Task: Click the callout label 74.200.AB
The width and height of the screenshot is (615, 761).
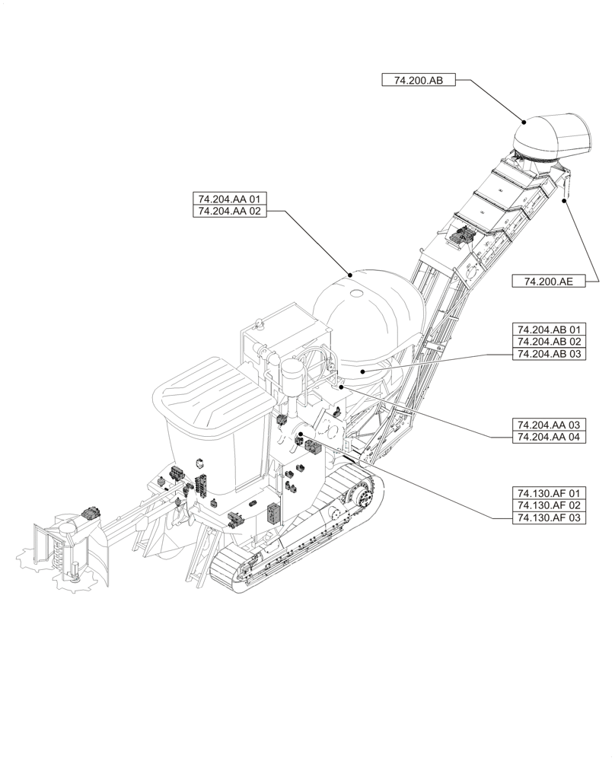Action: [418, 80]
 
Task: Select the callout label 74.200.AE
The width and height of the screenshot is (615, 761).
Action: [548, 281]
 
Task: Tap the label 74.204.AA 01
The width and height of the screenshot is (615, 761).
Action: [229, 199]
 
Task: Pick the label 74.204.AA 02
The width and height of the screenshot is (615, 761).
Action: [229, 212]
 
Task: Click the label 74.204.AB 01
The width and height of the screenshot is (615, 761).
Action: [548, 330]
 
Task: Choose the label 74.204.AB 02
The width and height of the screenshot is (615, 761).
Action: [548, 342]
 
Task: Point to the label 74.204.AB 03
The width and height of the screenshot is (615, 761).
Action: [548, 354]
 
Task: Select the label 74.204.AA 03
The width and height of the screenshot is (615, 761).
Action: [548, 424]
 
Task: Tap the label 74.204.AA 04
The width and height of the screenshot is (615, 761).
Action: [548, 436]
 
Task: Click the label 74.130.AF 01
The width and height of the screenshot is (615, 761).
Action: [548, 492]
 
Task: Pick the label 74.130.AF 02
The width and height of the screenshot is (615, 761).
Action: [548, 505]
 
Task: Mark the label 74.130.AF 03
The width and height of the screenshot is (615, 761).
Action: [548, 517]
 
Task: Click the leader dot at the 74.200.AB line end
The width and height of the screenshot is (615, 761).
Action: [523, 122]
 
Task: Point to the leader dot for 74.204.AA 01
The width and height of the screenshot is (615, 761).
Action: [349, 273]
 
